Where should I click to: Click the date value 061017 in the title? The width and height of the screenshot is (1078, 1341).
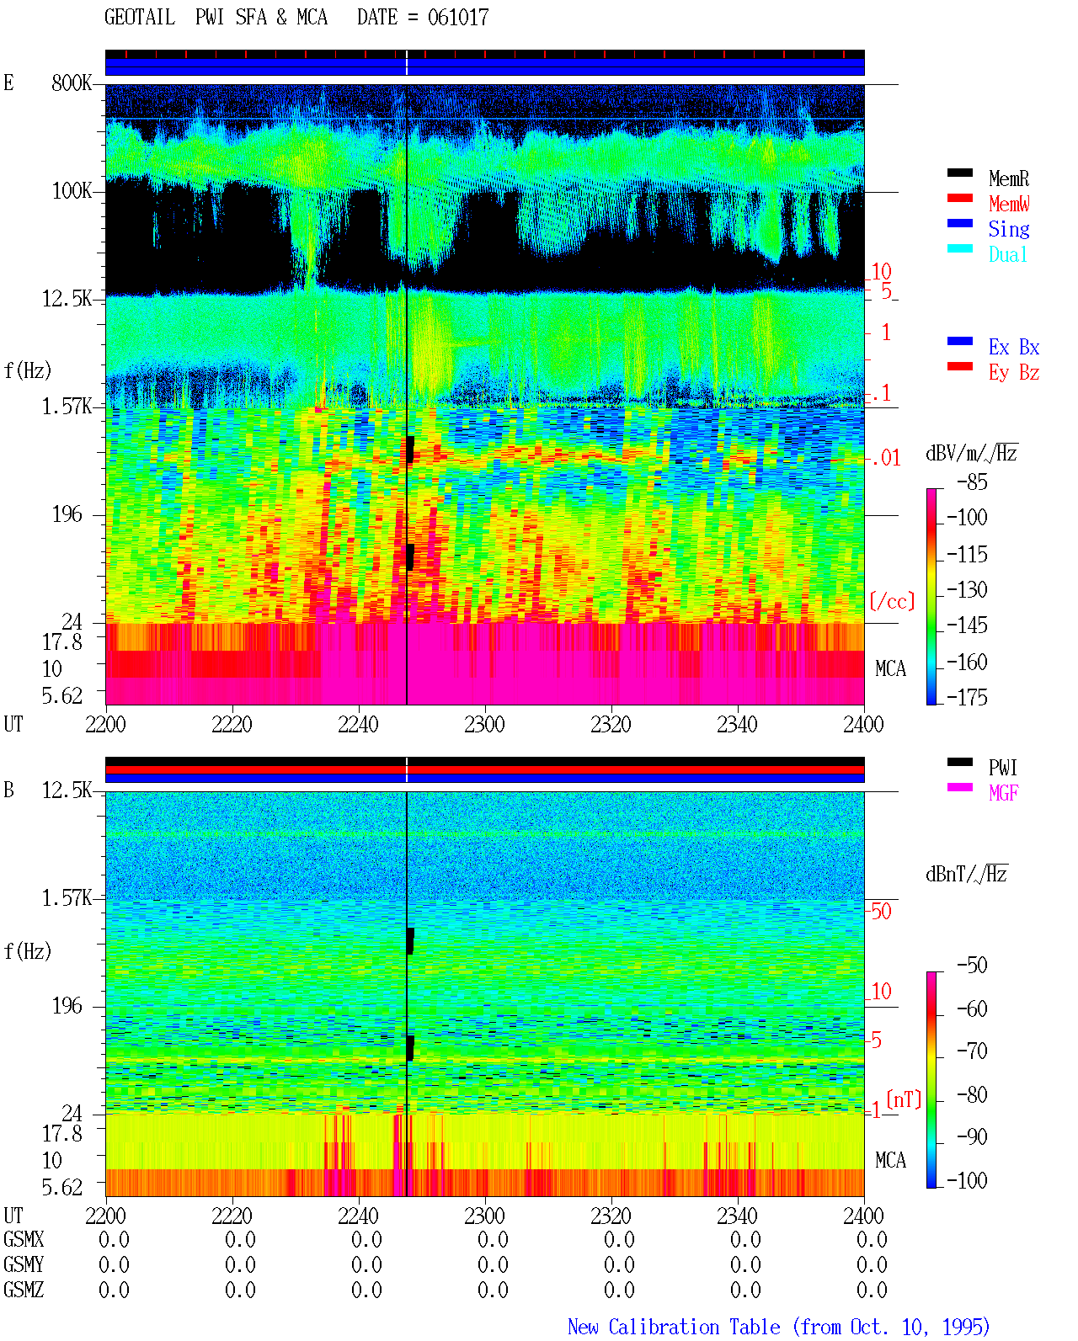pyautogui.click(x=457, y=18)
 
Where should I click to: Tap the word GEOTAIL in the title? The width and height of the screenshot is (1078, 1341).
pyautogui.click(x=140, y=18)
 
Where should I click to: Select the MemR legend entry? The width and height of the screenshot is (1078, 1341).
pyautogui.click(x=1009, y=178)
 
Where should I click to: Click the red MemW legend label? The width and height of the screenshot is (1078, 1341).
pyautogui.click(x=1009, y=204)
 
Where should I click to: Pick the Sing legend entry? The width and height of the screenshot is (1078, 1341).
pyautogui.click(x=1009, y=229)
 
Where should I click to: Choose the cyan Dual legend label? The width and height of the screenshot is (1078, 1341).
pyautogui.click(x=1008, y=254)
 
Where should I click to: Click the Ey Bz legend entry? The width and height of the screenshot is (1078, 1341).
pyautogui.click(x=1014, y=372)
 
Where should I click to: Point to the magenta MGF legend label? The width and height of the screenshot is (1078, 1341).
pyautogui.click(x=1003, y=793)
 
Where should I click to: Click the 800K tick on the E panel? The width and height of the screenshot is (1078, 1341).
pyautogui.click(x=72, y=82)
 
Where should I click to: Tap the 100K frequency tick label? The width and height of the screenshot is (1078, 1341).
pyautogui.click(x=72, y=191)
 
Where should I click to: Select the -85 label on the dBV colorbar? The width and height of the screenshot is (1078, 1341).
pyautogui.click(x=972, y=482)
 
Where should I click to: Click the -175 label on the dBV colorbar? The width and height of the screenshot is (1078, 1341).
pyautogui.click(x=967, y=697)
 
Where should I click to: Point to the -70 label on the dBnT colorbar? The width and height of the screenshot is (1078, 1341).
pyautogui.click(x=972, y=1051)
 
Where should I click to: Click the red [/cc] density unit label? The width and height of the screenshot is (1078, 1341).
pyautogui.click(x=892, y=601)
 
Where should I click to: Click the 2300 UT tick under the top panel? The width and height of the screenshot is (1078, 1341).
pyautogui.click(x=484, y=725)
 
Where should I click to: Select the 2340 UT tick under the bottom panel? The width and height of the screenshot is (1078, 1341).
pyautogui.click(x=737, y=1216)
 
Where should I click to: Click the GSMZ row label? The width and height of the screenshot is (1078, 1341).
pyautogui.click(x=24, y=1290)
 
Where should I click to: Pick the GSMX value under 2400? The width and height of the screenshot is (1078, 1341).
pyautogui.click(x=872, y=1240)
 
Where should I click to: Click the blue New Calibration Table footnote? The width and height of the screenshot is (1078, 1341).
pyautogui.click(x=778, y=1327)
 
